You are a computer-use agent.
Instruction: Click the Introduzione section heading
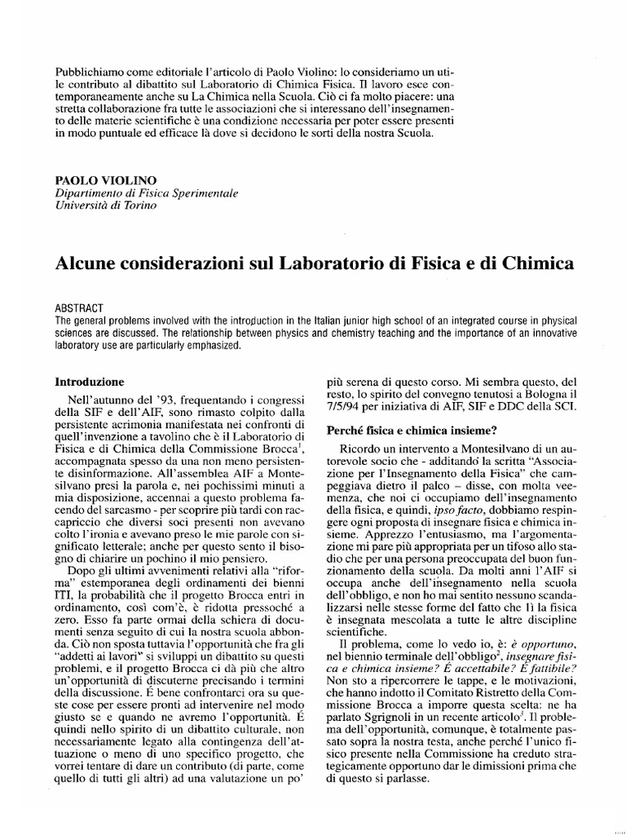click(x=89, y=381)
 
